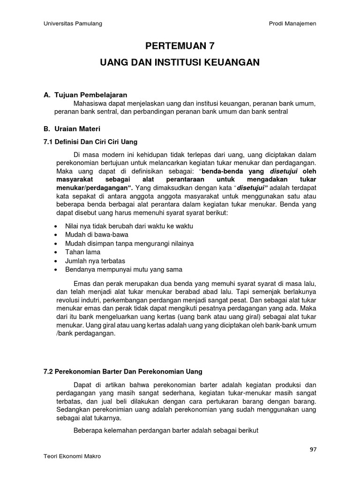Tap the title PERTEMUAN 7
click(x=180, y=46)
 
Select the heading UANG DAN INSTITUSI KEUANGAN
click(x=180, y=62)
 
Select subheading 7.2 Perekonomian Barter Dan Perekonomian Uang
click(x=123, y=371)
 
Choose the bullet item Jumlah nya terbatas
click(x=95, y=261)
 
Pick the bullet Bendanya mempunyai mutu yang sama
click(x=124, y=270)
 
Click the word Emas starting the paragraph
click(x=82, y=285)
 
